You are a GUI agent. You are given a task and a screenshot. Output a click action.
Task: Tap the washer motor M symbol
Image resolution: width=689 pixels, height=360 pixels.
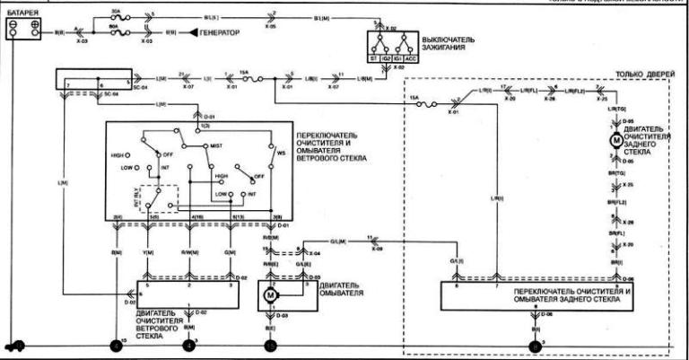pos(271,294)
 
